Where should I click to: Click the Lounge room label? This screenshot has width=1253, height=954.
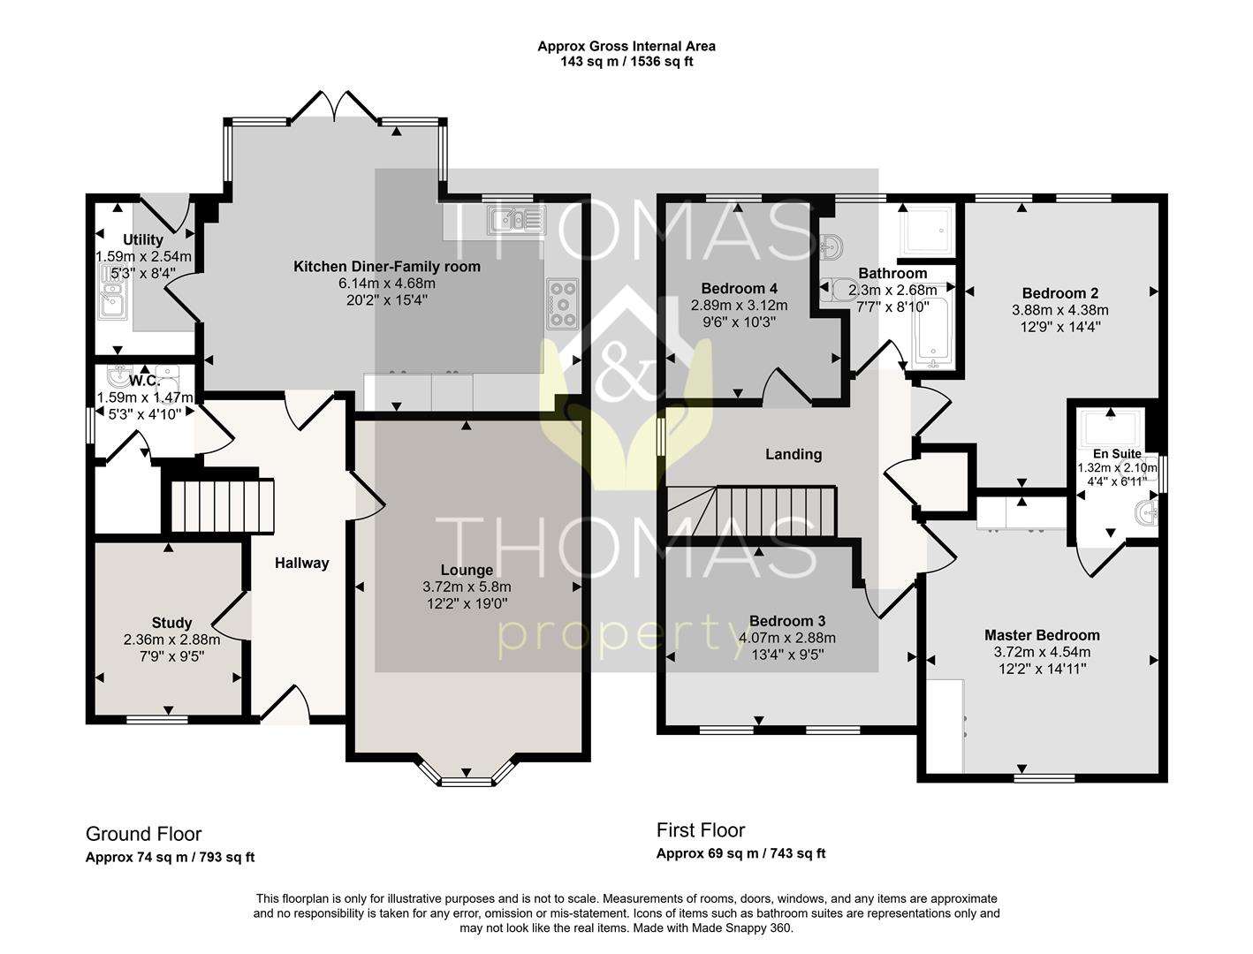coord(467,570)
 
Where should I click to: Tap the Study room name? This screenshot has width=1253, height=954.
coord(171,623)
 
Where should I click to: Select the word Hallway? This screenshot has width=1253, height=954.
coord(302,564)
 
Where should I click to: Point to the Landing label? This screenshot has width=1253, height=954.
coord(794,454)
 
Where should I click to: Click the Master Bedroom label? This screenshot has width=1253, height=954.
coord(1042,635)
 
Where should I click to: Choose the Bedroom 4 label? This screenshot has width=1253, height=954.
coord(739,288)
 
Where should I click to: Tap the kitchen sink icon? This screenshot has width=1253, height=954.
coord(517,220)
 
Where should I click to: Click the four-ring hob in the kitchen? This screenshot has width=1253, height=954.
coord(562,304)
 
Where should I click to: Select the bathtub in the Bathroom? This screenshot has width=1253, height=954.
coord(933,323)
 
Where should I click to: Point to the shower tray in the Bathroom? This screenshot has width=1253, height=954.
coord(925,231)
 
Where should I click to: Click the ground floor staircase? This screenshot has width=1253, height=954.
coord(224,507)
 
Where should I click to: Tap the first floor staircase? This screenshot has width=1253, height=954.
coord(752,511)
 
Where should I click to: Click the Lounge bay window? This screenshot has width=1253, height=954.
coord(466,771)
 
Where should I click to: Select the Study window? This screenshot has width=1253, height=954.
coord(157,720)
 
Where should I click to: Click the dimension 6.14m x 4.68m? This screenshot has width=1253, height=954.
coord(387,283)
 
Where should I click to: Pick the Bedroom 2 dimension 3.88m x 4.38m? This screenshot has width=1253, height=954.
coord(1060,310)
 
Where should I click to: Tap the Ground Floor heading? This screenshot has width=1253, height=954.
coord(143,834)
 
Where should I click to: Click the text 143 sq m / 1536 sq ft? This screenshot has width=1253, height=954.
coord(626,61)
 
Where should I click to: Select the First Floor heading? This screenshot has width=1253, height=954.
coord(701,830)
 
